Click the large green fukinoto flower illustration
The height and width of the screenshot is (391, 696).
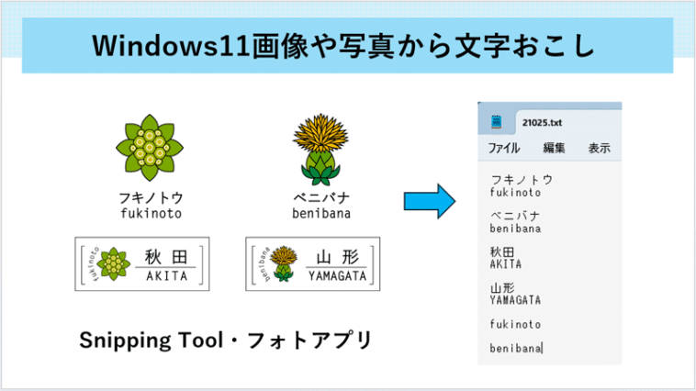[x=150, y=148]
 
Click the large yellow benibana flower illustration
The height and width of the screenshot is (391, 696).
[x=320, y=150]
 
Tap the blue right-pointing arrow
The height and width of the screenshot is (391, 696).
[x=429, y=201]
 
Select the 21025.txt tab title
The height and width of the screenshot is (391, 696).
[x=542, y=122]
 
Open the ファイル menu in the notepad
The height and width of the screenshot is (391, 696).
[x=504, y=148]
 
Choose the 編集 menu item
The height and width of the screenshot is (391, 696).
[x=554, y=148]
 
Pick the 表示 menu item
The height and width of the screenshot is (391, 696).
[x=600, y=148]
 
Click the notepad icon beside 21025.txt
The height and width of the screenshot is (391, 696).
[x=496, y=121]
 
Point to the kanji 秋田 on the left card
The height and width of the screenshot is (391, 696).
[x=166, y=257]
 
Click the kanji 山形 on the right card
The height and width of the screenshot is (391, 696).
[x=337, y=257]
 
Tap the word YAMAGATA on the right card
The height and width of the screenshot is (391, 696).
[x=337, y=276]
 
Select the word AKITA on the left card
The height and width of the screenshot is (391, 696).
[x=167, y=276]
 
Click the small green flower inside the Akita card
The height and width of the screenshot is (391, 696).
[x=113, y=264]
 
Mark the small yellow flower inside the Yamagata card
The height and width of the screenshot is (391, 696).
[x=284, y=263]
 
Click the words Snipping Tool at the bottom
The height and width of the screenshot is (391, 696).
[x=152, y=341]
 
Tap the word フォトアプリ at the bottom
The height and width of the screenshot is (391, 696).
[x=309, y=341]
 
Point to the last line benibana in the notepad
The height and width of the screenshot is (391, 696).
[x=515, y=349]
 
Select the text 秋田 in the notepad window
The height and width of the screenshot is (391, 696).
[x=502, y=251]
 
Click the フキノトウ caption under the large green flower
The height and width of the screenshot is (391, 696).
[x=151, y=197]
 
